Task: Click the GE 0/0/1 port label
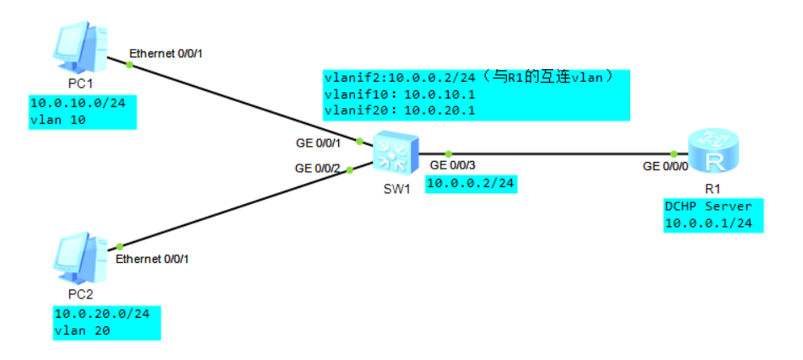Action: (x=318, y=143)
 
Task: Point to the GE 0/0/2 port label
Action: (x=317, y=168)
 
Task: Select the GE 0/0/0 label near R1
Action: (x=666, y=167)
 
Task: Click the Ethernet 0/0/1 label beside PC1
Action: (x=166, y=54)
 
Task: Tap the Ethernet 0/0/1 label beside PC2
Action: (x=152, y=259)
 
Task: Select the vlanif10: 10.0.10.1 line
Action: (x=393, y=94)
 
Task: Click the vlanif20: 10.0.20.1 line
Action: (x=393, y=110)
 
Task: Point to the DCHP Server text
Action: (x=707, y=207)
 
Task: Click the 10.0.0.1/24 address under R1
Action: (x=707, y=223)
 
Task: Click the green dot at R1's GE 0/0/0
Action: (x=674, y=153)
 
